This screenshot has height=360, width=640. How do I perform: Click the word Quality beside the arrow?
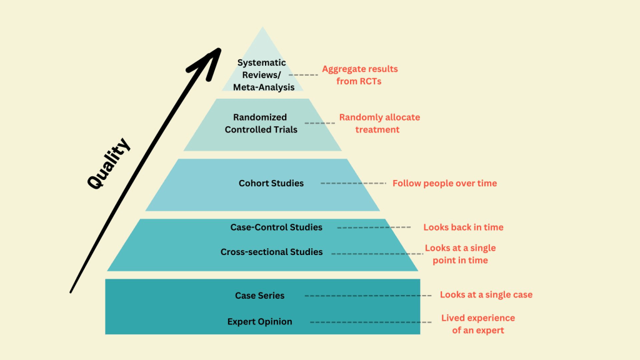(x=110, y=164)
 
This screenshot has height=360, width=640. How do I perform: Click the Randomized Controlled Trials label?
(x=261, y=123)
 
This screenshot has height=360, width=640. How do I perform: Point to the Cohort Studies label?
(x=271, y=183)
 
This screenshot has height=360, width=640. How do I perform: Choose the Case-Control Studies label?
(x=276, y=227)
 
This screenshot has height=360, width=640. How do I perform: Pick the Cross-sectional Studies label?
(x=272, y=252)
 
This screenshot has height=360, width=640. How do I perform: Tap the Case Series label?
(x=259, y=295)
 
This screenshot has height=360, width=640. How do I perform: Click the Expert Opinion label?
(x=259, y=322)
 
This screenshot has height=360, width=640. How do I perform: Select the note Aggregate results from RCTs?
(x=359, y=74)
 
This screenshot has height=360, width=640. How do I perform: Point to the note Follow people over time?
(x=444, y=183)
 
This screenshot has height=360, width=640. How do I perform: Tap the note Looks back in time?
(x=463, y=227)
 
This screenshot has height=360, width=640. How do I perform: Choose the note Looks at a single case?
(x=486, y=294)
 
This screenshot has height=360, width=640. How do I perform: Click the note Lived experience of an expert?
(x=478, y=324)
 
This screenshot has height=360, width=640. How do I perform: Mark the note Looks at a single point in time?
(x=461, y=254)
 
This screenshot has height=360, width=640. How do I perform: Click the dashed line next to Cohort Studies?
(x=353, y=183)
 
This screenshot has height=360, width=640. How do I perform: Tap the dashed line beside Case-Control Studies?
(x=374, y=227)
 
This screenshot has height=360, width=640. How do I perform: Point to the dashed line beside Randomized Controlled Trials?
(x=319, y=123)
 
